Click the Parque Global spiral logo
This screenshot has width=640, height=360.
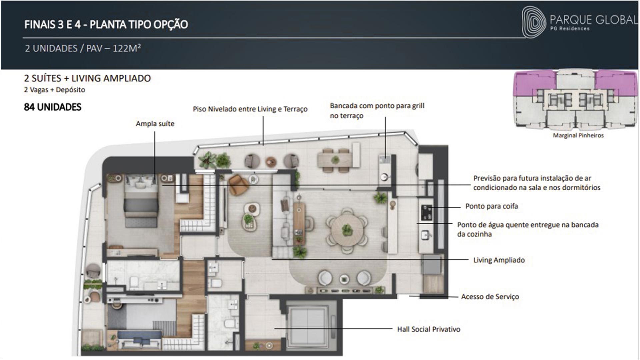tap(534, 22)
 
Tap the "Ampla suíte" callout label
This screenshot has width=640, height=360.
tap(155, 124)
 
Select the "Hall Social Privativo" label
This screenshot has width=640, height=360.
tap(429, 329)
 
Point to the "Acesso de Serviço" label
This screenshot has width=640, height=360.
tap(490, 297)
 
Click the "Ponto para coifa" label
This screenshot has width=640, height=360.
tap(492, 206)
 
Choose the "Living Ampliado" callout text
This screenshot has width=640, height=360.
tap(499, 260)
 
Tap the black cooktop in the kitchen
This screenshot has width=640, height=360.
tap(427, 213)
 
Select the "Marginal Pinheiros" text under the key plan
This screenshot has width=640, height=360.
tap(578, 135)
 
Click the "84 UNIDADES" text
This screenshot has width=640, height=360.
tap(53, 107)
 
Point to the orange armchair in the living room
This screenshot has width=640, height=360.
tap(238, 185)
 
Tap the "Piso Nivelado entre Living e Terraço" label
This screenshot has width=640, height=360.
tap(250, 109)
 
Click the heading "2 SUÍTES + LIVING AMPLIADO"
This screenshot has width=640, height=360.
tap(87, 78)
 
